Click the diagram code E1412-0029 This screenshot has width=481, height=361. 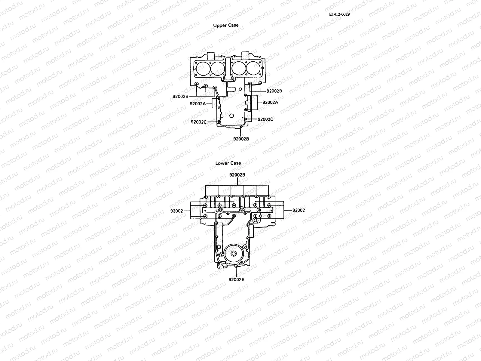pos(339,14)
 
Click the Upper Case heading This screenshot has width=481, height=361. pos(226,25)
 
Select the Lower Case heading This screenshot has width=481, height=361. pos(228,163)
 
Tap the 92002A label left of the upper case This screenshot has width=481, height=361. pos(198,103)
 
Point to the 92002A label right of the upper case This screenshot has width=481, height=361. pos(270,102)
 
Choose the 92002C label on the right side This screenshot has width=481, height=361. pos(265,119)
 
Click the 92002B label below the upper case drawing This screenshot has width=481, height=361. pos(241,139)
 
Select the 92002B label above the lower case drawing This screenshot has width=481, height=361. pos(237,175)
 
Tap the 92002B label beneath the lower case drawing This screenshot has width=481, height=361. pos(237,279)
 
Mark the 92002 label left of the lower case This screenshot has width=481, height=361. pos(176,211)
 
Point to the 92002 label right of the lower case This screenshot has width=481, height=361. pos(299,210)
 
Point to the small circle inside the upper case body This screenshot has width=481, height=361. pos(231,116)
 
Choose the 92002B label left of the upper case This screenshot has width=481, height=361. pos(180,96)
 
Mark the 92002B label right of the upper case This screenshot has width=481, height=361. pos(274,91)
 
